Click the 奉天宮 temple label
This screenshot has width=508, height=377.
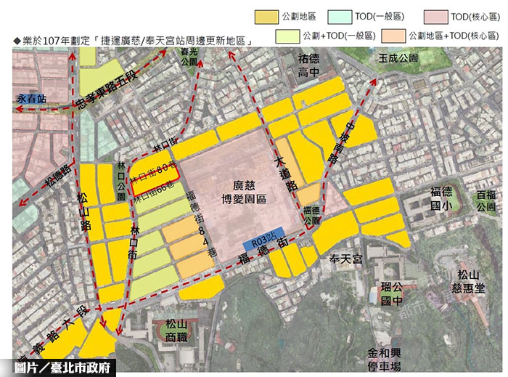pos(345,259)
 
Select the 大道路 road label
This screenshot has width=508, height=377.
pos(286,174)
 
